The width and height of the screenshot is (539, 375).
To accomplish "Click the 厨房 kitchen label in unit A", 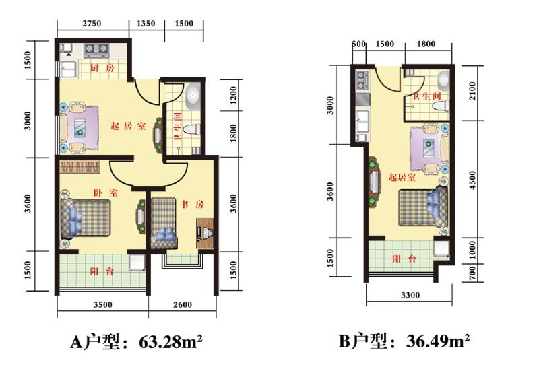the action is tap(102, 67).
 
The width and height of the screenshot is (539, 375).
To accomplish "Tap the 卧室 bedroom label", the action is tap(106, 193).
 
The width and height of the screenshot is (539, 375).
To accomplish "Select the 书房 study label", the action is tap(192, 205).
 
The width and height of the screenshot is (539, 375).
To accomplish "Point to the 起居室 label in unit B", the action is tap(402, 177).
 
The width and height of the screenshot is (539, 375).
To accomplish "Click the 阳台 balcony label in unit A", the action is tap(102, 271).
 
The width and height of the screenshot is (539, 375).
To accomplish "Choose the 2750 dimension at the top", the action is tap(92, 24).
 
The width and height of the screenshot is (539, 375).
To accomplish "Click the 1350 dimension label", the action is tap(146, 24).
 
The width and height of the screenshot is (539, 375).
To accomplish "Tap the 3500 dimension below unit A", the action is tap(103, 304).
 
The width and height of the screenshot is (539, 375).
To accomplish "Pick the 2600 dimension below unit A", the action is tap(183, 304).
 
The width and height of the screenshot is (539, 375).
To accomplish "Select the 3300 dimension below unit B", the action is tap(410, 295).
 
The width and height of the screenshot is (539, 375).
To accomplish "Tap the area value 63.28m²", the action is tap(170, 341).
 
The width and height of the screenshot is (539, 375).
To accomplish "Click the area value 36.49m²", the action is tap(438, 341).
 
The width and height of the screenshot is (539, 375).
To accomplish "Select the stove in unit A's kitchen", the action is tap(96, 50).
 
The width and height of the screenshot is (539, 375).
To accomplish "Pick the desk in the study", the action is tap(205, 234).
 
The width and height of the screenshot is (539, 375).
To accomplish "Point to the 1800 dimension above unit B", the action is tap(426, 44).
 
